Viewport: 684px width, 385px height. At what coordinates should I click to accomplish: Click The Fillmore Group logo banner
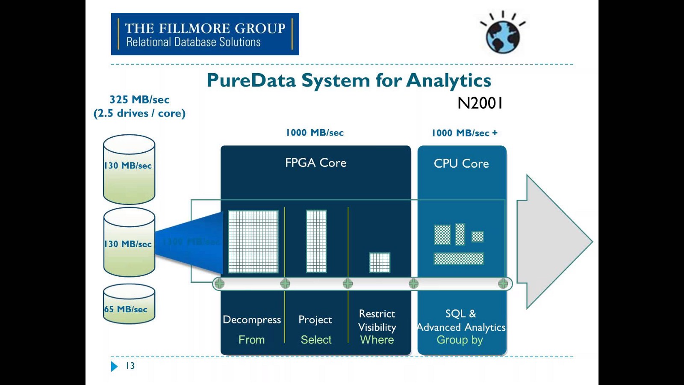205,34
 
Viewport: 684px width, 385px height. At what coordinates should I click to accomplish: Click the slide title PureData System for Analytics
349,80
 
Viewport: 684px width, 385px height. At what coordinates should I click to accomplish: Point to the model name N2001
480,103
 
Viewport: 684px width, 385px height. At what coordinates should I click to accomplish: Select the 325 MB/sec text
139,100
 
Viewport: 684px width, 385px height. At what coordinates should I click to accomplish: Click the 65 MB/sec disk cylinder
129,304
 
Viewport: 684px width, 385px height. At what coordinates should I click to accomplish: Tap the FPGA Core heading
315,163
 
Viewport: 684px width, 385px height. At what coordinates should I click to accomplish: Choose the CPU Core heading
461,163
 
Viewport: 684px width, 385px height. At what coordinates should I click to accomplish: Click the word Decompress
252,320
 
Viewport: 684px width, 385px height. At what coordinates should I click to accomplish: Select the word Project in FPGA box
315,320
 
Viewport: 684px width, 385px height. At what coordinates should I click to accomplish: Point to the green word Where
377,340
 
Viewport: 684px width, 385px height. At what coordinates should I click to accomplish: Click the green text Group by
460,340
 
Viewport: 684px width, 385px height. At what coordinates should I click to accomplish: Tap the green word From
251,340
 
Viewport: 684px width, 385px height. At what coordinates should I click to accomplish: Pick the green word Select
316,340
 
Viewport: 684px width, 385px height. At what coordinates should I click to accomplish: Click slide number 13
130,366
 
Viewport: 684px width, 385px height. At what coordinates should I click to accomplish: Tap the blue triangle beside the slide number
114,366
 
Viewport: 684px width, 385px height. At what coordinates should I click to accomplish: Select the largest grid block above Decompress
253,241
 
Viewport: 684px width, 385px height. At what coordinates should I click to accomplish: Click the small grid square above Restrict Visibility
380,263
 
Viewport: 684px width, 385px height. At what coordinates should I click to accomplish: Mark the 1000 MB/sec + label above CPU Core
464,133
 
